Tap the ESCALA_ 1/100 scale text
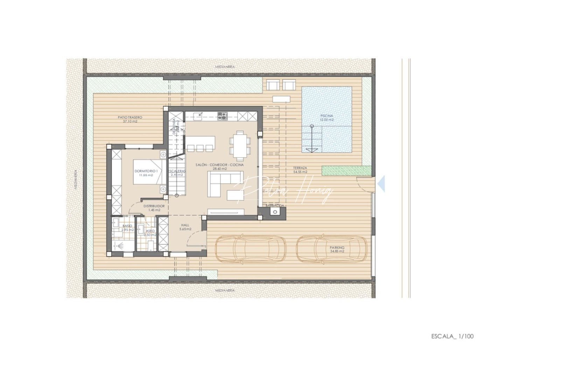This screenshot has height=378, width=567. (452, 336)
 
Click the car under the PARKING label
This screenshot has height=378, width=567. (332, 249)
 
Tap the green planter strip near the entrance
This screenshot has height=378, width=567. (346, 170)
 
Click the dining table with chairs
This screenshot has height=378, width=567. (240, 146)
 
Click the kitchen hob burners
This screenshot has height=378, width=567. (222, 116)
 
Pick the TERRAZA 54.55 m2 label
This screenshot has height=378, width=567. (300, 170)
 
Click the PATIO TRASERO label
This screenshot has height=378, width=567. (130, 119)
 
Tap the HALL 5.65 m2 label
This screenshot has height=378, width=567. (185, 227)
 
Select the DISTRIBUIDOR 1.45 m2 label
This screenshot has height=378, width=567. (154, 208)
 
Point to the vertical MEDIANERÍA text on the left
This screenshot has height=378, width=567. (76, 180)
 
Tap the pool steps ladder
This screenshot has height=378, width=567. (311, 139)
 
